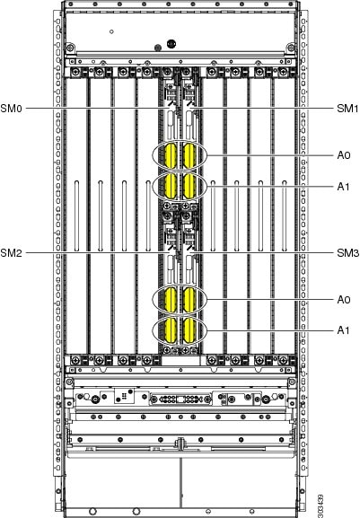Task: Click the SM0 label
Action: (x=12, y=108)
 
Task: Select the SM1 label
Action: (x=347, y=108)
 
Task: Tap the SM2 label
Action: (x=12, y=253)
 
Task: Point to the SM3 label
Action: (x=347, y=253)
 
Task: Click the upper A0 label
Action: (x=344, y=155)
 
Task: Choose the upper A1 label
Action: (x=343, y=187)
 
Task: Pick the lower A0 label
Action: (x=344, y=300)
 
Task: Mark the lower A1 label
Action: (x=343, y=330)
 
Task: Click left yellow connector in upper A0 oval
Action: (x=171, y=155)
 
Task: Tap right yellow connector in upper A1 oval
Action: (x=189, y=187)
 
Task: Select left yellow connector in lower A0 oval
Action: (x=171, y=300)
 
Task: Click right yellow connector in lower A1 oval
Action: (x=189, y=330)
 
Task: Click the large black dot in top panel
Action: (x=171, y=43)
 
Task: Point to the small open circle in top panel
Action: (x=111, y=31)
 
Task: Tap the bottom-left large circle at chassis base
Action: (x=92, y=512)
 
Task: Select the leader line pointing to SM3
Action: (x=263, y=253)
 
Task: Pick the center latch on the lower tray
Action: (x=180, y=443)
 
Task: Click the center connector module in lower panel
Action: (x=180, y=399)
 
